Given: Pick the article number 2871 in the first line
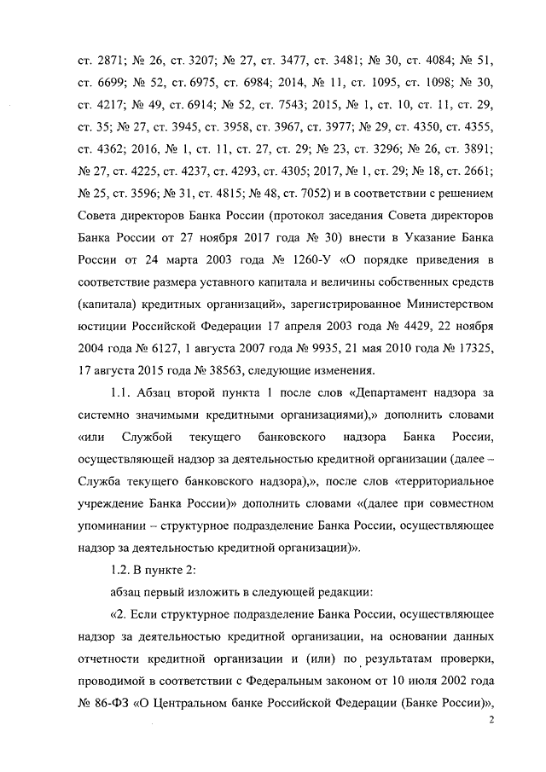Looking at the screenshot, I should (108, 61).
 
